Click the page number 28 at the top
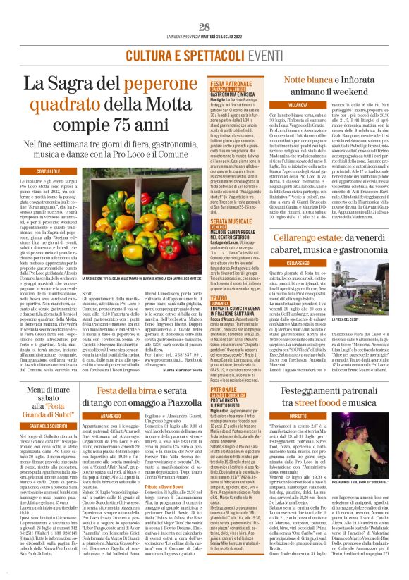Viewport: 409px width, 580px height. tap(204, 27)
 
